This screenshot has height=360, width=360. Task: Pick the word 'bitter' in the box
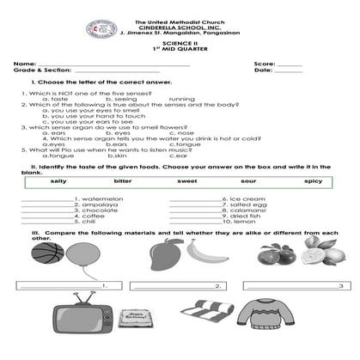coord(123,182)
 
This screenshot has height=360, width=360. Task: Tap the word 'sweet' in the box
coord(186,182)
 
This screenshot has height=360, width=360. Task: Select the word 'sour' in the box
coord(249,182)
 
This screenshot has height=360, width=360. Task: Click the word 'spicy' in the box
coord(313,182)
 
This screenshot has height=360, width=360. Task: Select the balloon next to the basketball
coord(82,257)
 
